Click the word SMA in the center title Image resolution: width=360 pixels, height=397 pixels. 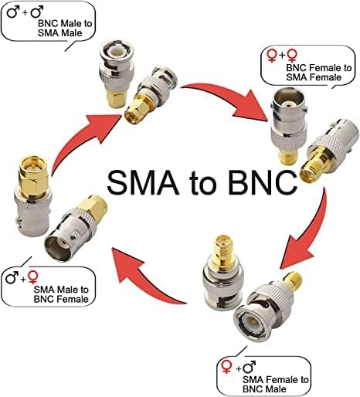click(143, 182)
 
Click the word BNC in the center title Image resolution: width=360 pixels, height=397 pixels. click(263, 182)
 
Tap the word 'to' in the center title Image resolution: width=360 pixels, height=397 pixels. click(203, 184)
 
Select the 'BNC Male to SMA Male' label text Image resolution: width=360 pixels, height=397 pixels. click(65, 29)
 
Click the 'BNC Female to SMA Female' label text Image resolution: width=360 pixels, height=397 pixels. click(319, 73)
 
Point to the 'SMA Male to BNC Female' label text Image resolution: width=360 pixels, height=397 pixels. click(61, 294)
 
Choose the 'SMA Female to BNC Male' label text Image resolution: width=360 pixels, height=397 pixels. click(275, 384)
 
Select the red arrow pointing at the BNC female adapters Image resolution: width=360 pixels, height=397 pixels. click(226, 99)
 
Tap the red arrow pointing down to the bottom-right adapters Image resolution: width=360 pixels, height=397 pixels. click(309, 232)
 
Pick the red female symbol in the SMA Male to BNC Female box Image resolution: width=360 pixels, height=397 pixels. click(33, 277)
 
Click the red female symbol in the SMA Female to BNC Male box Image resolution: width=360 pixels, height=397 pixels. click(227, 367)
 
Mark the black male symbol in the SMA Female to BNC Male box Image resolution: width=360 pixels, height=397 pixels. click(250, 367)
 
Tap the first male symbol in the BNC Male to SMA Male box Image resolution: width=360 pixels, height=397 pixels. click(13, 12)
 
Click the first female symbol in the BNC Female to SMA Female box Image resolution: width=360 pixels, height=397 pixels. click(272, 56)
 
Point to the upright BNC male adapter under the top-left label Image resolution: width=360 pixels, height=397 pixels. click(117, 74)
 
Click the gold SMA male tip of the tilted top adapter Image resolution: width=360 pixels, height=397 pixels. click(132, 114)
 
